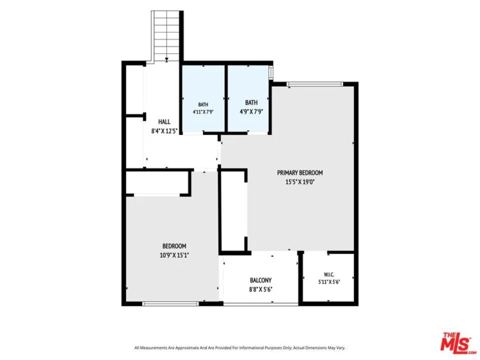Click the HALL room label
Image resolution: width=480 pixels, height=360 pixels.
(x=164, y=122)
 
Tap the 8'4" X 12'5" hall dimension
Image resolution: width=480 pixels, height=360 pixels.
(x=164, y=131)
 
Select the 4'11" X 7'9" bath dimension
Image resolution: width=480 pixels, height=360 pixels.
(x=203, y=112)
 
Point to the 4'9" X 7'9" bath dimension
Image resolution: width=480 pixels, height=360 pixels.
(x=251, y=112)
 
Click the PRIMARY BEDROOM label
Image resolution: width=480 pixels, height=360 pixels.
(x=300, y=173)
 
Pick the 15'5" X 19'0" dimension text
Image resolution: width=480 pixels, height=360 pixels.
(x=300, y=183)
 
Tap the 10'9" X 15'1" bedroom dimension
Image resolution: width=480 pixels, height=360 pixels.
(x=174, y=255)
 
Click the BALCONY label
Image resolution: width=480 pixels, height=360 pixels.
(x=260, y=280)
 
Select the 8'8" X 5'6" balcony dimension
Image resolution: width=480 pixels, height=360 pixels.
(x=260, y=289)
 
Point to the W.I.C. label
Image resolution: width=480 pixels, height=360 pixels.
(x=329, y=274)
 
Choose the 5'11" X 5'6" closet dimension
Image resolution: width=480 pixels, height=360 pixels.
(x=329, y=282)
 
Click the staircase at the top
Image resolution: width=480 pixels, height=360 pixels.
(x=166, y=36)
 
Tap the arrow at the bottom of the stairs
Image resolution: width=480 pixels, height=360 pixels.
(x=166, y=59)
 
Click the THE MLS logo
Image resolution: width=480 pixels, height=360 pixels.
(x=457, y=341)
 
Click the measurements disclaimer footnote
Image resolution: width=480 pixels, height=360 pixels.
(x=240, y=348)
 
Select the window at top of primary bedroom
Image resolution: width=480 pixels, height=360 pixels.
(x=315, y=84)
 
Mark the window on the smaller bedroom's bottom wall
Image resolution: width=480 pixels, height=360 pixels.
(x=170, y=303)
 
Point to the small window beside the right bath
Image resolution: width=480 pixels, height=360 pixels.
(x=271, y=72)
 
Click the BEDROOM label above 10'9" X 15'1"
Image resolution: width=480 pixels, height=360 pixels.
(x=174, y=246)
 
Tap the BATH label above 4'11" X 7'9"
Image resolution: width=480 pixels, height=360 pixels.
(x=203, y=105)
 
